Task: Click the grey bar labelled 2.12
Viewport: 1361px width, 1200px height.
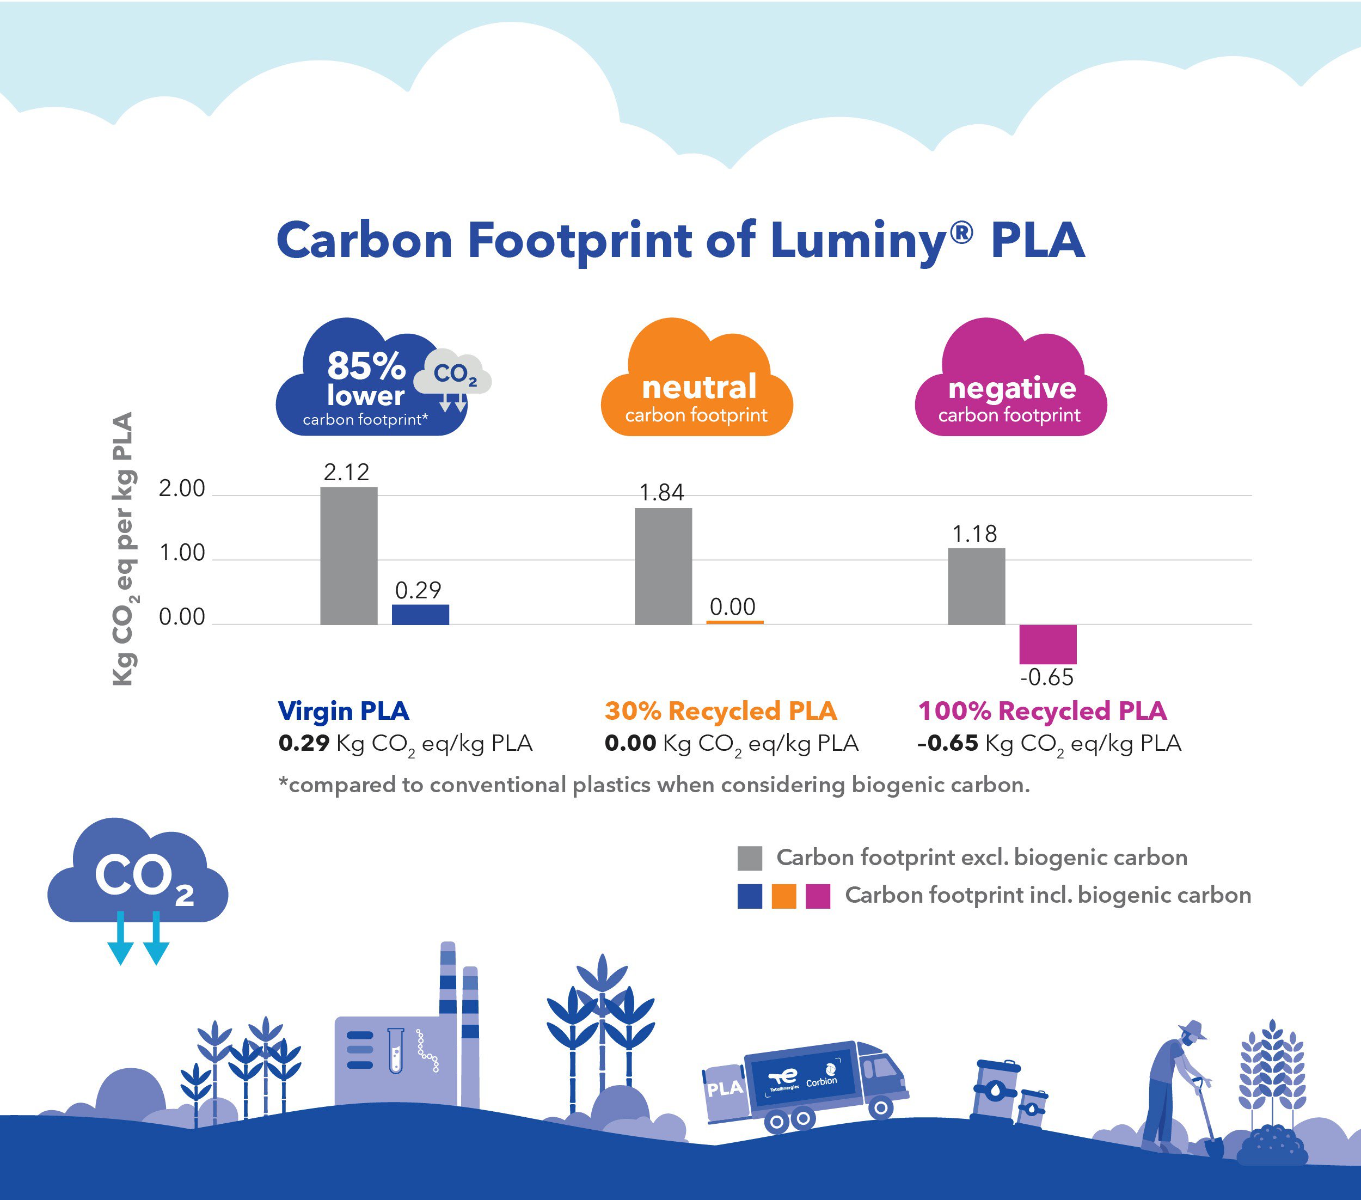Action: pyautogui.click(x=348, y=556)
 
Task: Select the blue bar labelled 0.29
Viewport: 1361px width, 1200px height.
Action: pyautogui.click(x=420, y=614)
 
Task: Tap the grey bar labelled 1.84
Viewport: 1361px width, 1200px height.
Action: pyautogui.click(x=663, y=566)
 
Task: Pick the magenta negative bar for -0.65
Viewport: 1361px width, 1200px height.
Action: pyautogui.click(x=1047, y=644)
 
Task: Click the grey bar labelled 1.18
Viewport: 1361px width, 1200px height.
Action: pyautogui.click(x=976, y=586)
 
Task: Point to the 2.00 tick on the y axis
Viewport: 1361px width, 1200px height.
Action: pyautogui.click(x=182, y=489)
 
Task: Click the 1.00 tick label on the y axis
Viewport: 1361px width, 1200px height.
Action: pyautogui.click(x=182, y=553)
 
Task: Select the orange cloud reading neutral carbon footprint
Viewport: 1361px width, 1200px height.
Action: pyautogui.click(x=696, y=386)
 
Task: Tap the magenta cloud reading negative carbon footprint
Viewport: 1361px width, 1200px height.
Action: pyautogui.click(x=1011, y=386)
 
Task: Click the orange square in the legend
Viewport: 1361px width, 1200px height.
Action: pyautogui.click(x=784, y=896)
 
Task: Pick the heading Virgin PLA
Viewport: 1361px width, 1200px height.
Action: pyautogui.click(x=344, y=711)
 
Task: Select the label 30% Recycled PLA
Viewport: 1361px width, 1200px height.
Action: pyautogui.click(x=720, y=711)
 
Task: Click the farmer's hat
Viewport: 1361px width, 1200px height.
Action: pyautogui.click(x=1192, y=1030)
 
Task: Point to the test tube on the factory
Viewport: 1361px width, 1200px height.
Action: pyautogui.click(x=396, y=1050)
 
